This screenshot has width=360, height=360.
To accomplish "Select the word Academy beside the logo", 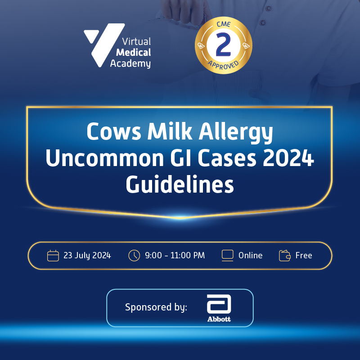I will pos(130,63).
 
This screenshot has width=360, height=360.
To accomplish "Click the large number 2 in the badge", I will pos(223,45).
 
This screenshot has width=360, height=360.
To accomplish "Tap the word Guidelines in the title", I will pos(180,185).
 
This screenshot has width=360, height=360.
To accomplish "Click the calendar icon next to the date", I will pos(53,256).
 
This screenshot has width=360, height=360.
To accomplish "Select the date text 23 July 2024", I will pos(87,256).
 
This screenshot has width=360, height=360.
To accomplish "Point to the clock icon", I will pos(134,256).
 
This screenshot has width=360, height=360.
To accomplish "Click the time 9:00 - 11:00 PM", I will pos(175,256).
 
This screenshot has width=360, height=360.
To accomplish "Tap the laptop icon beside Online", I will pos(228,255).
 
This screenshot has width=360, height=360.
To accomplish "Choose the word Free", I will pos(304,256).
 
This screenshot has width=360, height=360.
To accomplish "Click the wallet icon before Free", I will pos(285,256).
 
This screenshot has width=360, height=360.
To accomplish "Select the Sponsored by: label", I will pos(156,307).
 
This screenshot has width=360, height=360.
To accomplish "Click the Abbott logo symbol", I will pos(219,305).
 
